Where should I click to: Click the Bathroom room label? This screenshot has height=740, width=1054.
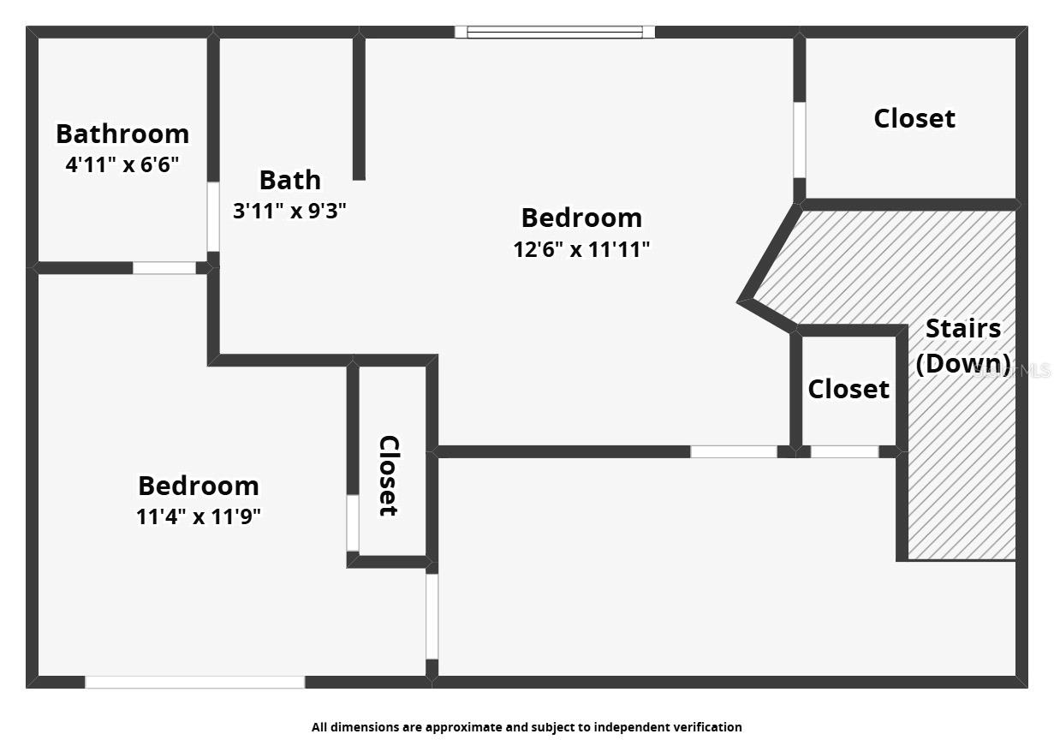click(122, 134)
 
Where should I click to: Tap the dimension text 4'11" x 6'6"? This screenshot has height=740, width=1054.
click(122, 164)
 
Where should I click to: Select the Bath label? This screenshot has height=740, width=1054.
click(290, 180)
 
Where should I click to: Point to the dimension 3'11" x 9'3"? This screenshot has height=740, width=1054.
click(289, 211)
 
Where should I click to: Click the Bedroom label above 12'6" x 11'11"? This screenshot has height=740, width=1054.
click(581, 218)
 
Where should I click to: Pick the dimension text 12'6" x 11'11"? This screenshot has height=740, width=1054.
click(581, 249)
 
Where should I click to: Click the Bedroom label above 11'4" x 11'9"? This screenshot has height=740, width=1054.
click(198, 486)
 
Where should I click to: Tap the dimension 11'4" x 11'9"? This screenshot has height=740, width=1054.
click(198, 516)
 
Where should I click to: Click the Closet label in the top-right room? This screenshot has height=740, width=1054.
click(914, 118)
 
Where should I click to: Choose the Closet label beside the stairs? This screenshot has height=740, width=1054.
click(849, 389)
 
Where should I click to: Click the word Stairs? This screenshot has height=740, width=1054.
click(963, 328)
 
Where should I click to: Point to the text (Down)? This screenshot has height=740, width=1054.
click(963, 362)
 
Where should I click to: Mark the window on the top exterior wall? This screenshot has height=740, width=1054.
click(555, 33)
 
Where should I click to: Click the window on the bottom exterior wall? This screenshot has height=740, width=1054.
click(194, 682)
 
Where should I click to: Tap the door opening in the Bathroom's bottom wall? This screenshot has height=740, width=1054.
click(164, 268)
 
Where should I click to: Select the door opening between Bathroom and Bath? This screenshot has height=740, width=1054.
click(213, 217)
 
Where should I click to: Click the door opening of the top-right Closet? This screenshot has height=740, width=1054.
click(799, 140)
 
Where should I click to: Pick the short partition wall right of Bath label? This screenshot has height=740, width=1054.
click(359, 107)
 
